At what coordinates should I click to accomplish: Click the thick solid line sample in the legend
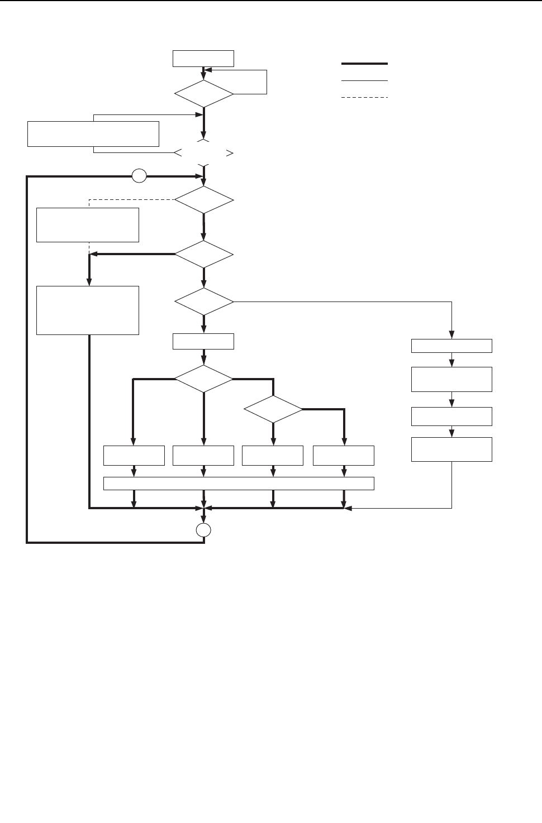tap(364, 64)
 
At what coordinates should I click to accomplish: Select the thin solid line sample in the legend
tap(364, 81)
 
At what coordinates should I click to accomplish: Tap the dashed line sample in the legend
tap(364, 98)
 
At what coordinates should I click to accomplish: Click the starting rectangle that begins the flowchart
tap(203, 59)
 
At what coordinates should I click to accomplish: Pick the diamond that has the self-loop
tap(203, 93)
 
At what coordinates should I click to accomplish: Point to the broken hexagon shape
tap(203, 152)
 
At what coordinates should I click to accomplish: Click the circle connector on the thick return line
tap(139, 176)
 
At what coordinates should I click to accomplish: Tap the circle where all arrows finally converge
tap(204, 530)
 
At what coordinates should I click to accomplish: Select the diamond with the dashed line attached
tap(204, 199)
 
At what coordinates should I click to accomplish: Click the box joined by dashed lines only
tap(87, 225)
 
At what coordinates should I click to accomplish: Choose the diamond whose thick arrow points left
tap(204, 255)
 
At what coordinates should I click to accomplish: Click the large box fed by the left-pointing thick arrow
tap(87, 310)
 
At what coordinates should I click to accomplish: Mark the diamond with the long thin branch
tap(204, 302)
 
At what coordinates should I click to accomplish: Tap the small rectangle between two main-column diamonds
tap(203, 341)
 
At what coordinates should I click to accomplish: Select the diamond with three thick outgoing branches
tap(203, 379)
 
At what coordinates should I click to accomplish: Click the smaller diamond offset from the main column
tap(273, 410)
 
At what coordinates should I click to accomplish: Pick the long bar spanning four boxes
tap(239, 484)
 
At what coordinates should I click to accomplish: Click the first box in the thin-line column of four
tap(451, 346)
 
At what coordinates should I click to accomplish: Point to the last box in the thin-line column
tap(451, 449)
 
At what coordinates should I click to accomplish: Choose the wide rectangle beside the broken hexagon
tap(93, 133)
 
